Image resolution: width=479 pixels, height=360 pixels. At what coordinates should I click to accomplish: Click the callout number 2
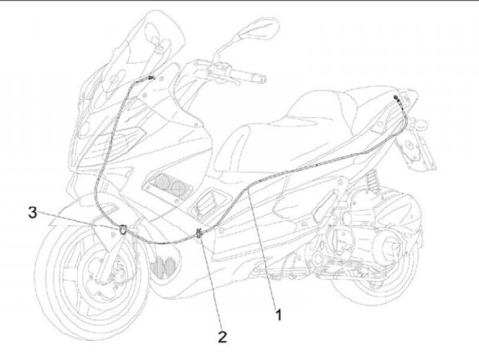pyautogui.click(x=222, y=336)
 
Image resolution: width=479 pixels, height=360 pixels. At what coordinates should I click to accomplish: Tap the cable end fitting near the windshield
pyautogui.click(x=150, y=78)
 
